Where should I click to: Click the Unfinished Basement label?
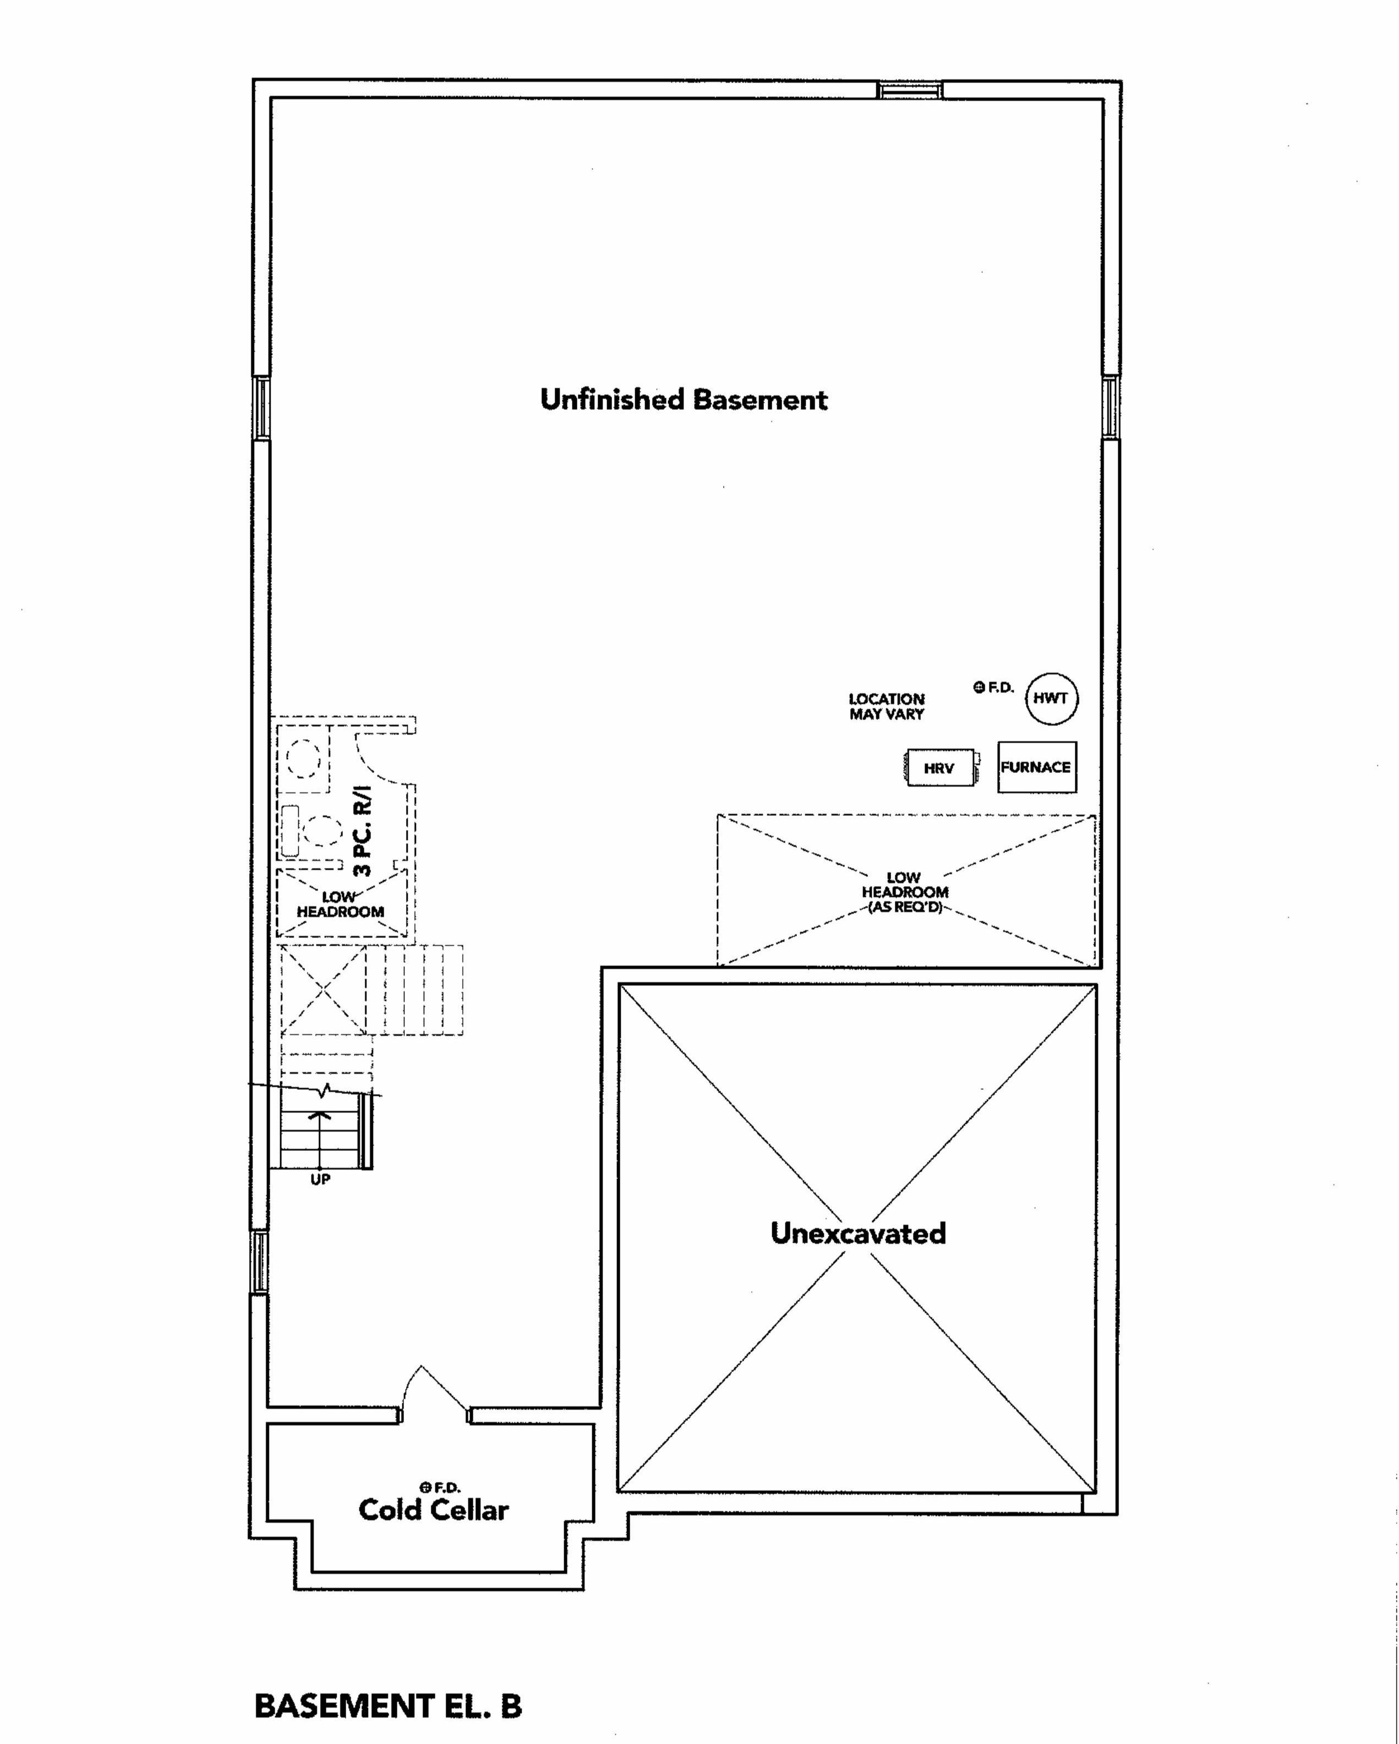click(684, 399)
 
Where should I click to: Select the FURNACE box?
click(1036, 767)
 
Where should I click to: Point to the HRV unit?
click(939, 767)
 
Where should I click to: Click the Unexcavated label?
click(857, 1233)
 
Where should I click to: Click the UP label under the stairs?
click(320, 1180)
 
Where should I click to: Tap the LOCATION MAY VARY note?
click(887, 706)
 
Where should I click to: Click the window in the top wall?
click(911, 89)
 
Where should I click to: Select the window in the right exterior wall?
click(1112, 407)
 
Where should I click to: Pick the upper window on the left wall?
click(260, 408)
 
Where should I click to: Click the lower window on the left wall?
click(259, 1262)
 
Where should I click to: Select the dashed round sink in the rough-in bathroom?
click(305, 759)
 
